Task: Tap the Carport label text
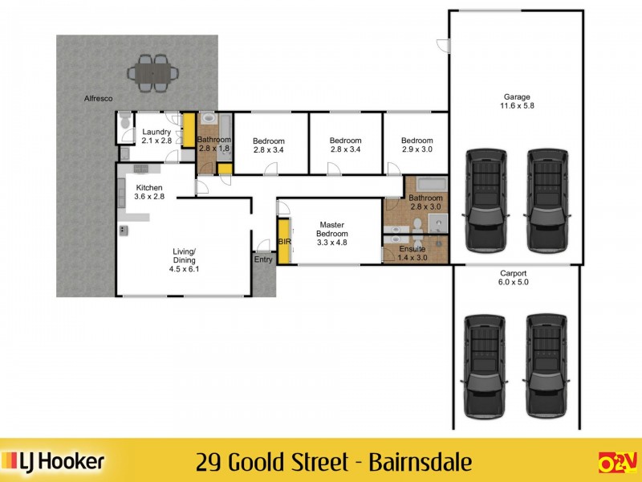click(x=514, y=273)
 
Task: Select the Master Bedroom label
click(x=331, y=229)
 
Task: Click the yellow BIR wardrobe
click(x=283, y=241)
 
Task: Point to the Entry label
click(x=263, y=259)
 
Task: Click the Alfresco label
click(x=99, y=98)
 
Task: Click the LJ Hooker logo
click(x=55, y=461)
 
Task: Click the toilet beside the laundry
click(x=124, y=124)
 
